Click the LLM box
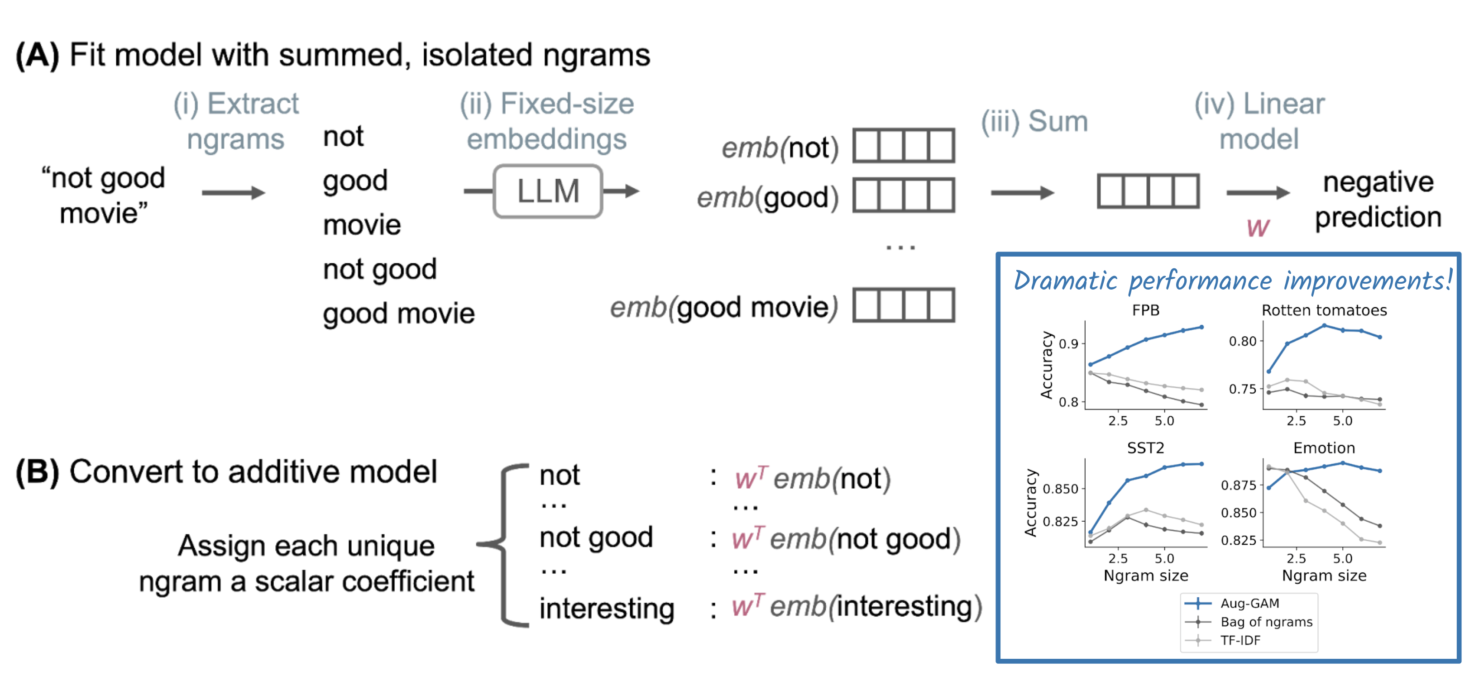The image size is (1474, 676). (548, 191)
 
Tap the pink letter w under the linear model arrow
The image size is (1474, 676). (1258, 228)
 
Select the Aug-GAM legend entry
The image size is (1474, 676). (1249, 603)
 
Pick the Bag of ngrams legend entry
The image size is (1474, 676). (1266, 622)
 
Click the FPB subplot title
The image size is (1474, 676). (1145, 310)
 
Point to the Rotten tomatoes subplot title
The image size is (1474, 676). (1324, 310)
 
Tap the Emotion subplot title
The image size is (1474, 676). (1324, 448)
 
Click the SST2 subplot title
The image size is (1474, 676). (1145, 448)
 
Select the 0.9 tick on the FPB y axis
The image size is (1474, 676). (1068, 344)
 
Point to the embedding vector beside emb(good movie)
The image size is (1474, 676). (904, 305)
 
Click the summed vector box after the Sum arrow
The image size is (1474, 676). (1148, 191)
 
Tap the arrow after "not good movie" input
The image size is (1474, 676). (233, 193)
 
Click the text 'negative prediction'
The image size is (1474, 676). (1378, 200)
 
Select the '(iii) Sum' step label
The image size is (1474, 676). (1034, 121)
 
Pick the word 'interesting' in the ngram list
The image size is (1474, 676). (607, 608)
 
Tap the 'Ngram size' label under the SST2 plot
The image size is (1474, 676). (1145, 576)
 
